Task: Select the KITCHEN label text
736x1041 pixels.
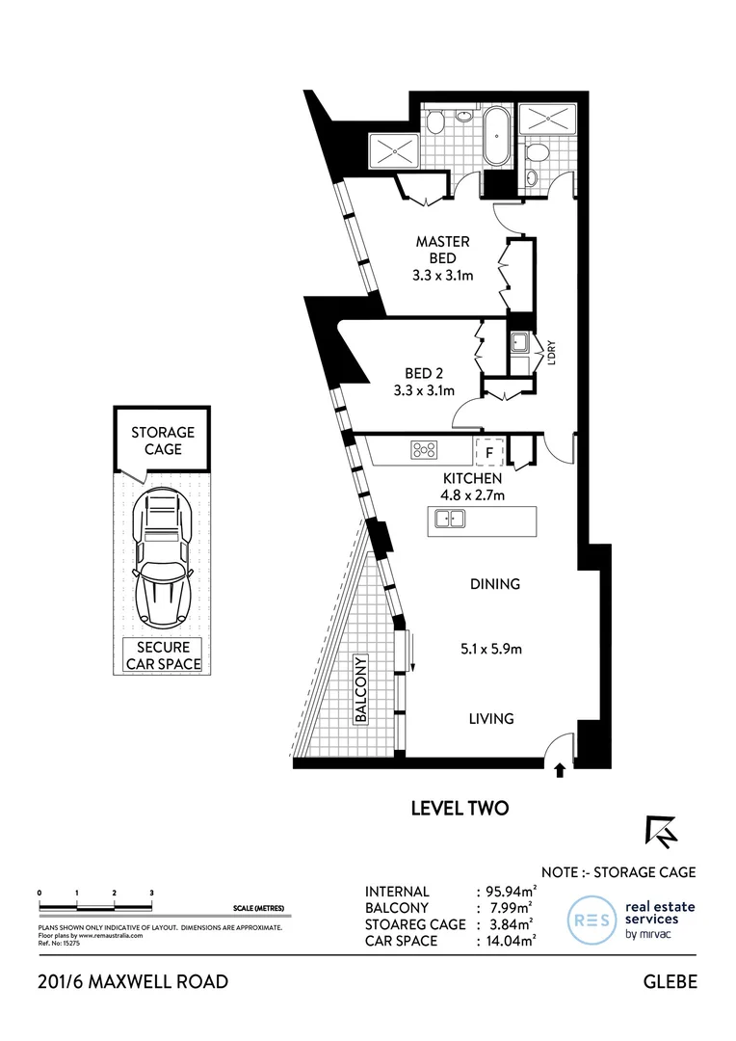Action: [x=471, y=478]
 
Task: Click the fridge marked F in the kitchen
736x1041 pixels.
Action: [x=488, y=450]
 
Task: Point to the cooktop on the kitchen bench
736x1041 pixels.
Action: [x=425, y=449]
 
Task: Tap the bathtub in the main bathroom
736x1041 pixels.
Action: [x=496, y=136]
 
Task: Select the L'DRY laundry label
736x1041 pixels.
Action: [x=552, y=353]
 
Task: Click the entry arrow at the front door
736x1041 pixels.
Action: [x=561, y=769]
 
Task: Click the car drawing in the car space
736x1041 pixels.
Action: [x=164, y=560]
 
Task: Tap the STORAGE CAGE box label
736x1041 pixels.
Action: [x=163, y=440]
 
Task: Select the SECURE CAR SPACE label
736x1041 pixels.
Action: [x=163, y=654]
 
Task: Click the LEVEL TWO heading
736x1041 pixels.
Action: [x=459, y=808]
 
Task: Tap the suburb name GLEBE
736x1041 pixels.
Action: [x=669, y=981]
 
